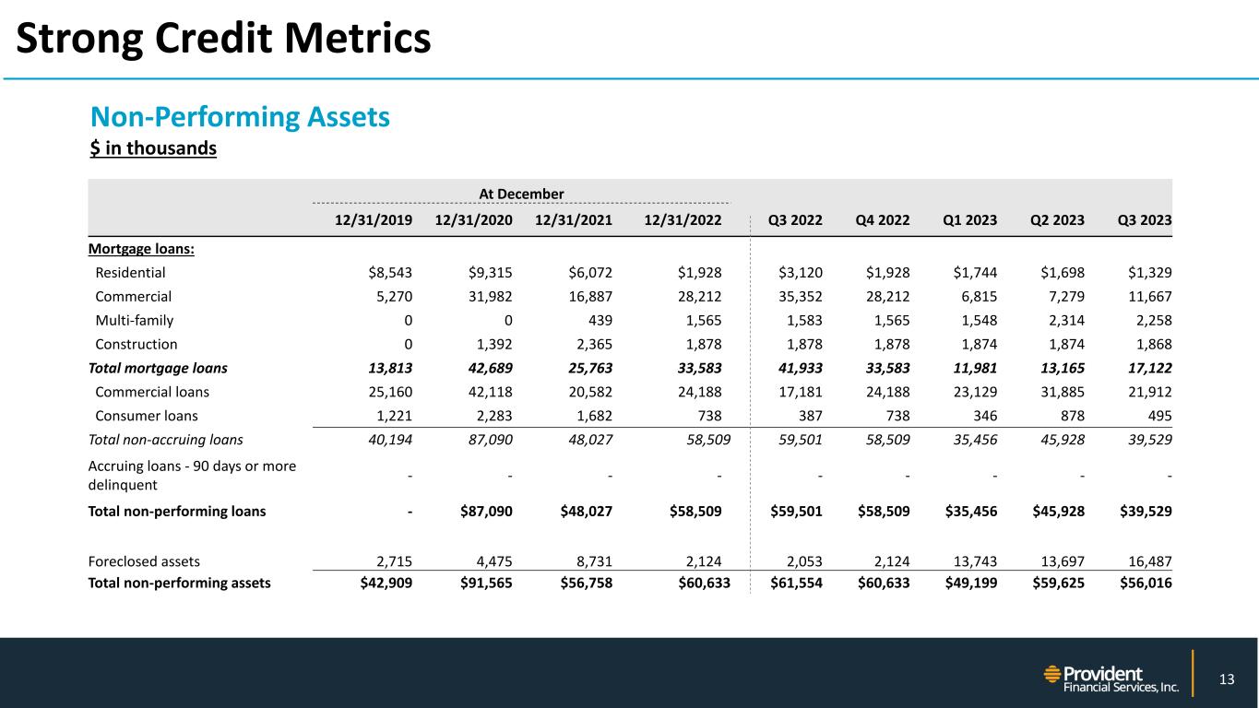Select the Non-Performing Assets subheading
pos(240,117)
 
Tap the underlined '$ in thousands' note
pos(153,147)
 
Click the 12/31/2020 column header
pos(472,220)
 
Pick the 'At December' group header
pos(521,194)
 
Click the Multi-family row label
pos(135,321)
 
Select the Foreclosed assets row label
pos(144,560)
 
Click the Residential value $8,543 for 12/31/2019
pos(389,273)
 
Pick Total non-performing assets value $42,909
pos(386,582)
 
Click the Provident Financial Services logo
pos(1111,679)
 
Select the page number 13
pos(1226,680)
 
